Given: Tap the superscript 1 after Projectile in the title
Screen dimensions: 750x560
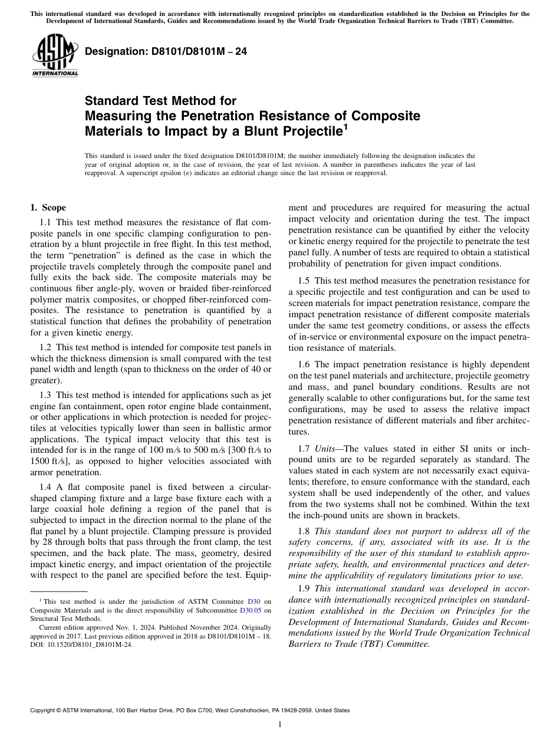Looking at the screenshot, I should [x=346, y=126].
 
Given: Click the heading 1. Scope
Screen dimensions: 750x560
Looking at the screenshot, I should [x=48, y=208].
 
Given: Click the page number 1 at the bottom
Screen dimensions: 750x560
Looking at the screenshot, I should [x=280, y=725].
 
